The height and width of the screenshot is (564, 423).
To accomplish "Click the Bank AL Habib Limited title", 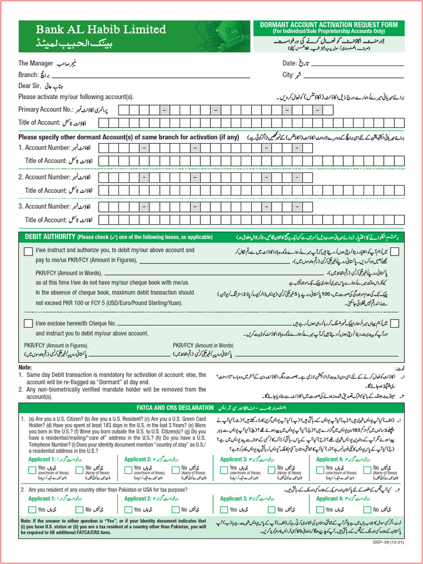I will coord(101,29).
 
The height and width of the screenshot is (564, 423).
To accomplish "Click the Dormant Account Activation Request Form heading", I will coord(328,25).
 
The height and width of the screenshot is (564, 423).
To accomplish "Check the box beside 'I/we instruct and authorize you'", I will coord(28,251).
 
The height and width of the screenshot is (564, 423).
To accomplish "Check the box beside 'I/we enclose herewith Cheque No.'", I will coord(28,323).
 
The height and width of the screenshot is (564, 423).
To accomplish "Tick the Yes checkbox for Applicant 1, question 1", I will coord(32,470).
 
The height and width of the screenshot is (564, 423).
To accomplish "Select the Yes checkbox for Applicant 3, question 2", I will coord(224,509).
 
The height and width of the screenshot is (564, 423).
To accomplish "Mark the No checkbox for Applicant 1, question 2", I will coord(80,509).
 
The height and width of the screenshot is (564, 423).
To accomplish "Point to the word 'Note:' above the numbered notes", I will coord(25,367).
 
